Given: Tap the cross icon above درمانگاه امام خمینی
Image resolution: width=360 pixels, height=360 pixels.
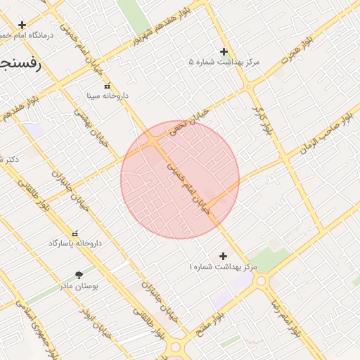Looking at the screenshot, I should click(x=22, y=25).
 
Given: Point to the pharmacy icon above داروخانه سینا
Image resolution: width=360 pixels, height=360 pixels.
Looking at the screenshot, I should click(x=107, y=85).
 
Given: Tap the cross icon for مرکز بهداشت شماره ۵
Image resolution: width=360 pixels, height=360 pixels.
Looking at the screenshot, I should click(x=224, y=51).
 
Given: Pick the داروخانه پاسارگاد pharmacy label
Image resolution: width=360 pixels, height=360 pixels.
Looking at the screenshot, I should click(x=75, y=243).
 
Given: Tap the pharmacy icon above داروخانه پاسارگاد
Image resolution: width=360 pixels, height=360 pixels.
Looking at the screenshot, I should click(x=75, y=233).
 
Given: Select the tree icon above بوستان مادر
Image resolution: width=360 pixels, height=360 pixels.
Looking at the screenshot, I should click(x=77, y=275).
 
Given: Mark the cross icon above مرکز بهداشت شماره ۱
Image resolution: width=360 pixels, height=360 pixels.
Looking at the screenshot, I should click(x=224, y=257).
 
